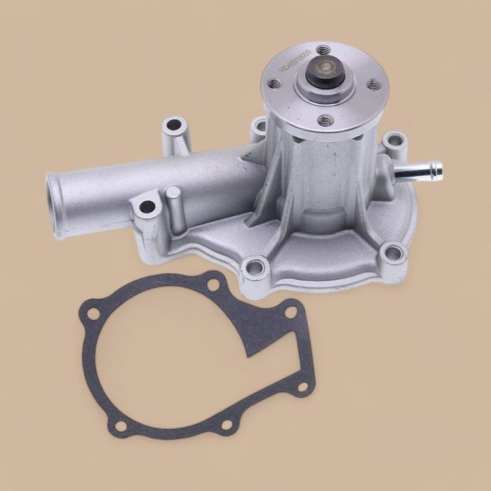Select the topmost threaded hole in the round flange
tap(323, 50)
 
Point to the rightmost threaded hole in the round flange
tap(375, 85)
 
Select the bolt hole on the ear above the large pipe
tap(173, 127)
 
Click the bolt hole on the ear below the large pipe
tap(147, 207)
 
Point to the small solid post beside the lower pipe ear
tap(175, 210)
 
